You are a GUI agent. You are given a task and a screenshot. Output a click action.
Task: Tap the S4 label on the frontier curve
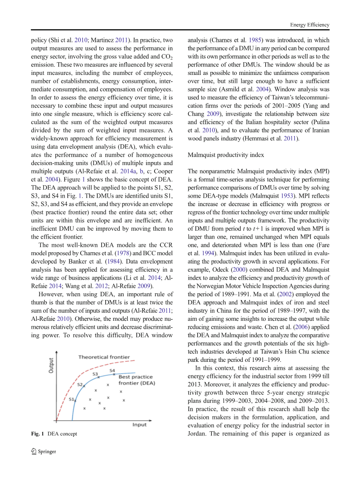pos(112,371)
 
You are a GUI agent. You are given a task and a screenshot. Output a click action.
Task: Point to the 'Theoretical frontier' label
pos(104,357)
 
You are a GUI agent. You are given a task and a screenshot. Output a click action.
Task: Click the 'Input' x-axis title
pos(139,424)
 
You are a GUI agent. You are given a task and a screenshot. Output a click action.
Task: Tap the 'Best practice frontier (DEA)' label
pos(136,380)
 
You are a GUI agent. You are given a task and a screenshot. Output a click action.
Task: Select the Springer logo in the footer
pos(34,452)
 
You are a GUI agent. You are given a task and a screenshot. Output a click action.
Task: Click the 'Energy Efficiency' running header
pos(309,25)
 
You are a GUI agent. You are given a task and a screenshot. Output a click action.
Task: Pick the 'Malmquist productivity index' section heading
pos(225,155)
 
